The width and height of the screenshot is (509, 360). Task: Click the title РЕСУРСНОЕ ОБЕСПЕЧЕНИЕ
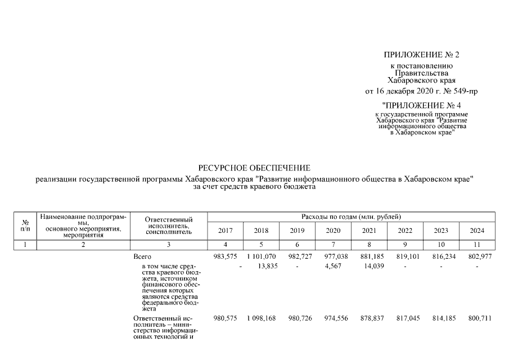click(x=254, y=168)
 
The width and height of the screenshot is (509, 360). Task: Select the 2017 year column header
click(x=225, y=231)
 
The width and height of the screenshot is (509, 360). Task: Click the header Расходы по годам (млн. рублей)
click(x=351, y=217)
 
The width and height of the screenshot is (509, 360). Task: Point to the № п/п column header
click(x=25, y=226)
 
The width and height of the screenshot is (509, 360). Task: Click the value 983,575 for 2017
click(x=225, y=256)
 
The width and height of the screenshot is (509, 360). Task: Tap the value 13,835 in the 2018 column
click(x=261, y=266)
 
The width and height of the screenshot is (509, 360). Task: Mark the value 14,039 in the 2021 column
click(x=369, y=266)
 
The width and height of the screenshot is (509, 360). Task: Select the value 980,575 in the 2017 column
click(x=225, y=318)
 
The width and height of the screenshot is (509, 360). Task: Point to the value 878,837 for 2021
click(x=369, y=318)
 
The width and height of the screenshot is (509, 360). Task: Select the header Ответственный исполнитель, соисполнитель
click(x=169, y=226)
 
